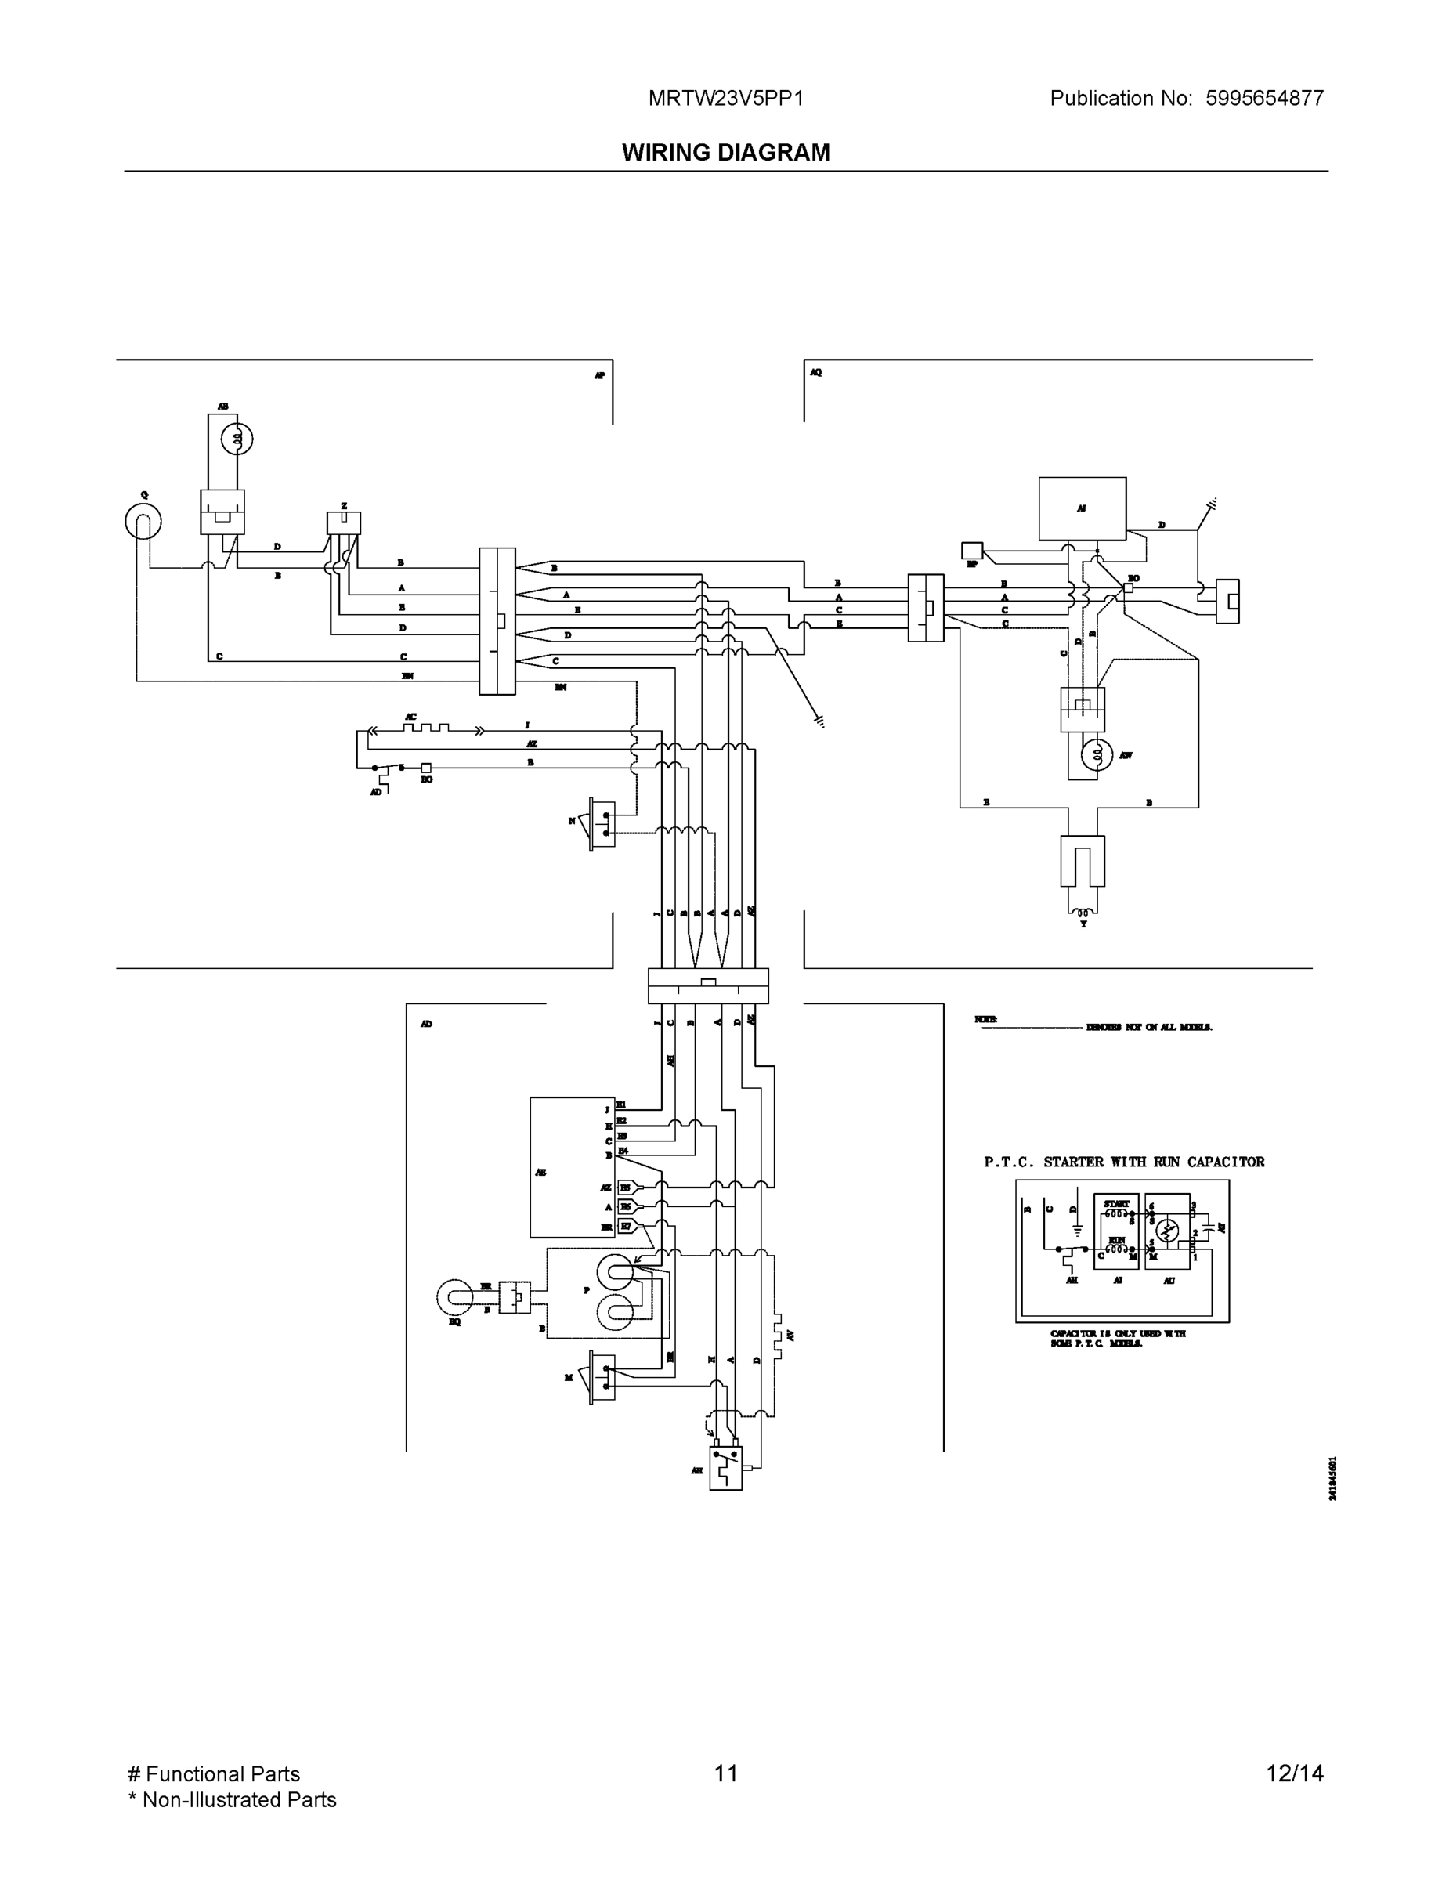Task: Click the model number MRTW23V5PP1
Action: (x=725, y=98)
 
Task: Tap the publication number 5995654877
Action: (x=1263, y=98)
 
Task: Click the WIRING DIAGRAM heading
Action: (x=725, y=153)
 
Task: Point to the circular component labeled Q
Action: (x=143, y=521)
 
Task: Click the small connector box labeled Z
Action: (x=343, y=522)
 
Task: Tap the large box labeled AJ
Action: (x=1082, y=508)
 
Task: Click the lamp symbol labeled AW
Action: (x=1097, y=755)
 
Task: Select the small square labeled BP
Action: (x=972, y=550)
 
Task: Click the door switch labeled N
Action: (x=602, y=824)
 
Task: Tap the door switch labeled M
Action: (x=602, y=1377)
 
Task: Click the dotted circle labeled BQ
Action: (x=454, y=1298)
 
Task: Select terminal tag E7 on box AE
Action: (x=626, y=1226)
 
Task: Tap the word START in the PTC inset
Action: (x=1116, y=1203)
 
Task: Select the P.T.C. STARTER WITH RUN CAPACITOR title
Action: (x=1124, y=1162)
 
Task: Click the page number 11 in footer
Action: (x=725, y=1773)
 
